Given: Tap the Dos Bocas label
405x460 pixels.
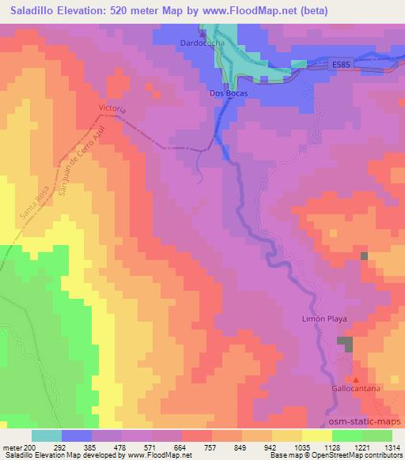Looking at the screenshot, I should coord(229,93).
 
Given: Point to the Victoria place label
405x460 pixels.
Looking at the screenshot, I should coord(112,107).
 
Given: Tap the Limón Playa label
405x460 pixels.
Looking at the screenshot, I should coord(325,319).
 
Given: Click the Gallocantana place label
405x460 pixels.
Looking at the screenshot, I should coord(358,390).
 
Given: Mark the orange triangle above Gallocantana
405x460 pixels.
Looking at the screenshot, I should coord(355,380).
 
